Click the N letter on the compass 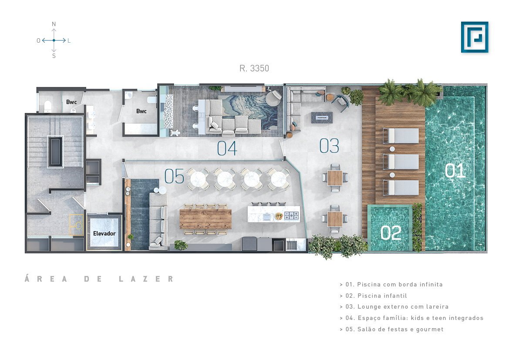click(x=54, y=24)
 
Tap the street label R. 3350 click(x=254, y=68)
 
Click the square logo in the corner click(x=475, y=37)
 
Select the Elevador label click(x=104, y=233)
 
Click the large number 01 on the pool click(x=455, y=171)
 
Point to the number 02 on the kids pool click(x=391, y=233)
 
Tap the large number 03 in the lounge click(x=329, y=146)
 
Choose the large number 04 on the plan click(x=227, y=148)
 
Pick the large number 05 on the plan click(x=174, y=176)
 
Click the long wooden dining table click(x=206, y=219)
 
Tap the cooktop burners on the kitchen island click(x=291, y=215)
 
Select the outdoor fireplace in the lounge click(x=322, y=118)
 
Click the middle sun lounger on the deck click(x=401, y=161)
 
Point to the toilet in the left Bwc click(x=48, y=106)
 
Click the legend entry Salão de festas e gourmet click(x=391, y=329)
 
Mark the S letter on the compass click(x=54, y=56)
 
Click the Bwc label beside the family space click(x=141, y=111)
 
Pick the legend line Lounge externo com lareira click(x=394, y=307)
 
